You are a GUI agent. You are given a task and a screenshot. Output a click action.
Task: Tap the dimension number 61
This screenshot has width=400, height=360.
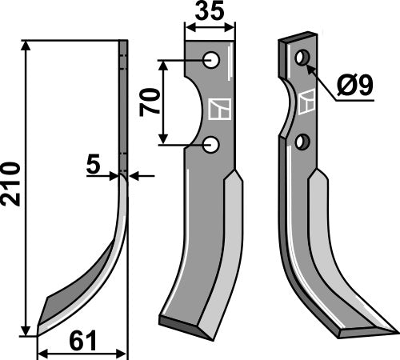tap(82, 343)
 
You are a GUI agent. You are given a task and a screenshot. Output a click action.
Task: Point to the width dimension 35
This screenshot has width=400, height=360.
tap(209, 11)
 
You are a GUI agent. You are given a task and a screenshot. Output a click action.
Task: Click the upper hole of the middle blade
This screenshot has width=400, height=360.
tap(212, 60)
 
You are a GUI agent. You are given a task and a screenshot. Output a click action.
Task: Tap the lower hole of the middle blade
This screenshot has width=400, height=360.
tap(212, 144)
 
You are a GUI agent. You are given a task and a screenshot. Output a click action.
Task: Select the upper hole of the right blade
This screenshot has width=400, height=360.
tap(302, 58)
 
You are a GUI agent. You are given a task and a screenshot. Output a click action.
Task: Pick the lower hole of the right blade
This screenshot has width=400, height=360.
tap(302, 141)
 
